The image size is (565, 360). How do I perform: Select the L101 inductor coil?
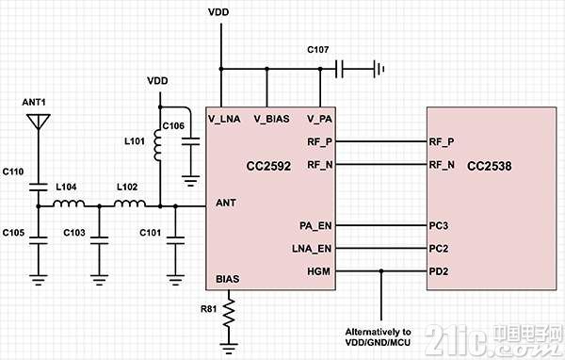pos(157,144)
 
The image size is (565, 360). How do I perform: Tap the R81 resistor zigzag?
pos(229,313)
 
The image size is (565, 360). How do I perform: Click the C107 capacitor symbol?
pos(339,69)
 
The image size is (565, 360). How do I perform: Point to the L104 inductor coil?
pos(69,204)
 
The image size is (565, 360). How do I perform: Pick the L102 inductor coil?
pos(130,204)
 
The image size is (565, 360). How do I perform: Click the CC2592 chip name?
pos(268,166)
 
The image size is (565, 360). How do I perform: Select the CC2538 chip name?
pos(489,166)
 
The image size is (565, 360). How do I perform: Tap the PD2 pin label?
pos(439,271)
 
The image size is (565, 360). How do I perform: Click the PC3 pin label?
pos(439,226)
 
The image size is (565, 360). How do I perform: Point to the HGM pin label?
pos(318,271)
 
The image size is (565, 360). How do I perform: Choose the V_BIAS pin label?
pos(272,119)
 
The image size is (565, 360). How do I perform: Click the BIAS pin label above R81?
pos(227,279)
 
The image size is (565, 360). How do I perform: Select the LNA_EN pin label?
pos(312,249)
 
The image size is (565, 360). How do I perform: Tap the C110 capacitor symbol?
pos(39,188)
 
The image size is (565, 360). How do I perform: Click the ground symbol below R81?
pos(229,348)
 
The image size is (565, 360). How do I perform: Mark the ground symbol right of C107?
pos(379,69)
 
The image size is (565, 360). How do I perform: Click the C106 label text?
pos(173,126)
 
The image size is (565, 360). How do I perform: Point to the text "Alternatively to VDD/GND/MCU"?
pos(378,337)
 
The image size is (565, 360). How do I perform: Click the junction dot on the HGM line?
pos(381,270)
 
